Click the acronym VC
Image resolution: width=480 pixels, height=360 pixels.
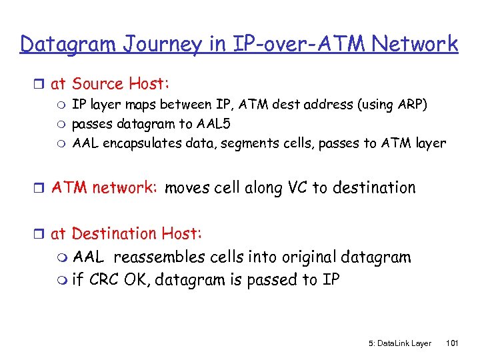click(297, 188)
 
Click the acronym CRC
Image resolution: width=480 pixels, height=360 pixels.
click(103, 280)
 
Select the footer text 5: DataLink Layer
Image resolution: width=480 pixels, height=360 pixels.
click(399, 343)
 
